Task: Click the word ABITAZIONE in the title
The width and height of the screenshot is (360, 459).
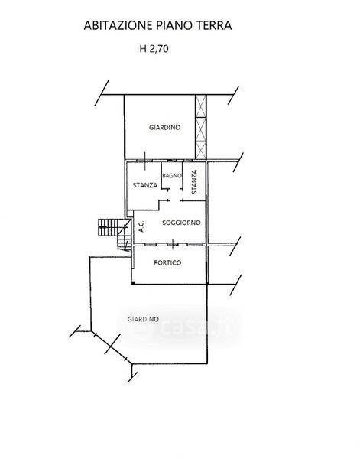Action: pos(118,25)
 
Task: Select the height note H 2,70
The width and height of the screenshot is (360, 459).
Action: pos(154,49)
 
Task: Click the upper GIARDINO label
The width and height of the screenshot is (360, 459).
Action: pos(164,128)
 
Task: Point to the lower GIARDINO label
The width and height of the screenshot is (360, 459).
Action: pos(143,319)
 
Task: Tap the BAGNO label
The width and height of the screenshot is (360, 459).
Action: pos(172,176)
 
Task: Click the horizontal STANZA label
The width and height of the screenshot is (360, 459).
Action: pos(145,185)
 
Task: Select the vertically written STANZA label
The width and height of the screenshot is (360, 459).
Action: pos(194,182)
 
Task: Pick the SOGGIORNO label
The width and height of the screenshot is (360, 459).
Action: pos(181,223)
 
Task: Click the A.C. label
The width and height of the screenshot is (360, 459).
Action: pos(141,226)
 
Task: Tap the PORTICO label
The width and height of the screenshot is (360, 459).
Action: pos(167,262)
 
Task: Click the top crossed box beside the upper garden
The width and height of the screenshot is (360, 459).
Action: pos(200,106)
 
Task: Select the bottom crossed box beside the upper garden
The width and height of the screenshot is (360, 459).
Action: pos(200,150)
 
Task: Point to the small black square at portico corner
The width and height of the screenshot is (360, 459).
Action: pos(133,283)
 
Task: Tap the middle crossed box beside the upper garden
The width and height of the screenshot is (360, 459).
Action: pos(200,129)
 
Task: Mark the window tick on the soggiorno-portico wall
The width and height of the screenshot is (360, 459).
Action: pos(174,244)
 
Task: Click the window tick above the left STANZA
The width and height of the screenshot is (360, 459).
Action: pos(145,161)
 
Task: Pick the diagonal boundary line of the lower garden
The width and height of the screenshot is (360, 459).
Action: pos(112,347)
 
